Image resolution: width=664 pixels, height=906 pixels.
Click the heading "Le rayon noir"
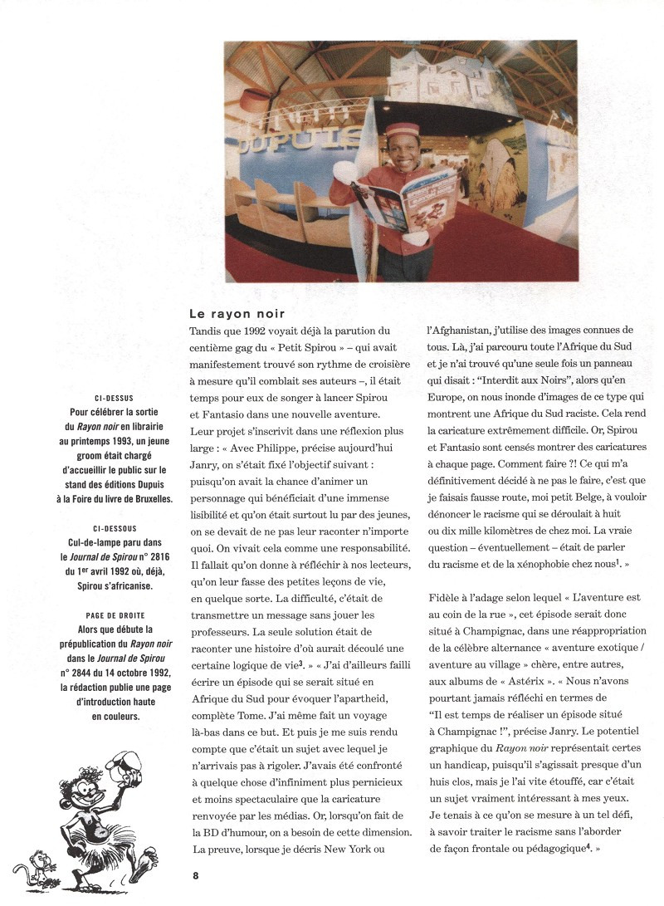click(237, 314)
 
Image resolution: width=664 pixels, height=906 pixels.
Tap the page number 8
click(195, 874)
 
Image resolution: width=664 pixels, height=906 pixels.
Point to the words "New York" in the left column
click(359, 850)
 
